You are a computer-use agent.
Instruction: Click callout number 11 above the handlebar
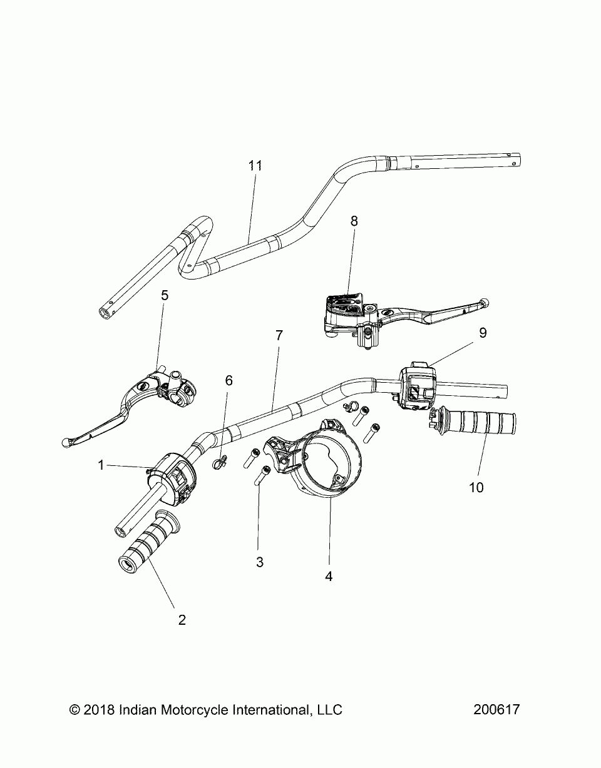(254, 166)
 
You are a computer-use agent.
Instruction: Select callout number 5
(165, 295)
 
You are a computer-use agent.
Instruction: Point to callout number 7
(279, 335)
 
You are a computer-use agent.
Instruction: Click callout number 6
(229, 380)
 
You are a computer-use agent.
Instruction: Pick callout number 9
(483, 333)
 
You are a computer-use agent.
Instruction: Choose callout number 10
(476, 487)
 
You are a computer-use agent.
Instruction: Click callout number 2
(182, 620)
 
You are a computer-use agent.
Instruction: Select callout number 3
(260, 562)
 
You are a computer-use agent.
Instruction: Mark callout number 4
(329, 576)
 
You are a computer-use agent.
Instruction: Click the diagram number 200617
(496, 710)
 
